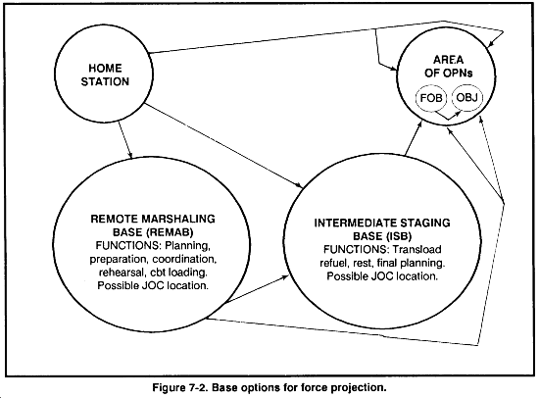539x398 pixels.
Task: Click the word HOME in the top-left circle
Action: pos(105,68)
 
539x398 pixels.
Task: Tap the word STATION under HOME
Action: pos(105,82)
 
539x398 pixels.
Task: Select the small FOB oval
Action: pos(431,98)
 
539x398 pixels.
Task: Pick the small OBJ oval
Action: pos(466,98)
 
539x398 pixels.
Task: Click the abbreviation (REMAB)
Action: pos(170,232)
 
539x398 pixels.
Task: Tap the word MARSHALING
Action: pos(178,219)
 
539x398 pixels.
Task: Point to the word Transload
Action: pos(416,249)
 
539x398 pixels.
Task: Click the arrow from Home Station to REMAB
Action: pos(125,140)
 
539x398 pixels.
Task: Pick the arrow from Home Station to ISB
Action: pos(224,145)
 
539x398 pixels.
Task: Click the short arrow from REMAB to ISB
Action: pos(257,289)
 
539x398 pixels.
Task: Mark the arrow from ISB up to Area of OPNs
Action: pos(414,137)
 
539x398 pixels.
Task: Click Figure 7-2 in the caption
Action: pos(180,387)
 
